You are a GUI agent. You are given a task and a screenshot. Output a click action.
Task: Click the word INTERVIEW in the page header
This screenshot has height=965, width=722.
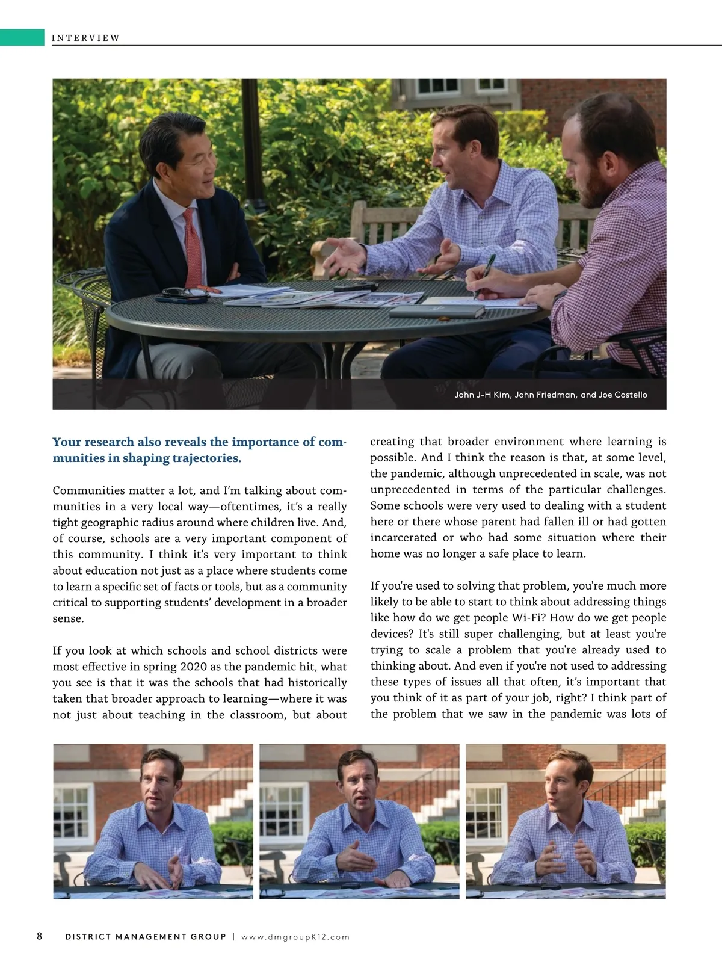85,38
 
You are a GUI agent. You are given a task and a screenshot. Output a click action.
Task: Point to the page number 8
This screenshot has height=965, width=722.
40,936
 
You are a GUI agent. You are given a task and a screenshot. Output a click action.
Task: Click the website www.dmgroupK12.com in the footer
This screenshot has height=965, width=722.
295,937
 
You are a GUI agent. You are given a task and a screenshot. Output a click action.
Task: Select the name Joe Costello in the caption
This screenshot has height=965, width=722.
623,395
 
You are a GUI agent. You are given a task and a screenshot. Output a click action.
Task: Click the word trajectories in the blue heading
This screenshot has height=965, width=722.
206,458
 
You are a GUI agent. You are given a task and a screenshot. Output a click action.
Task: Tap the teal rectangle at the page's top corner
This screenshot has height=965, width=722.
22,37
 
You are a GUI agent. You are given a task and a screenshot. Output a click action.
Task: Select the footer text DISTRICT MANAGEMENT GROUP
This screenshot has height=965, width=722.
146,937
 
